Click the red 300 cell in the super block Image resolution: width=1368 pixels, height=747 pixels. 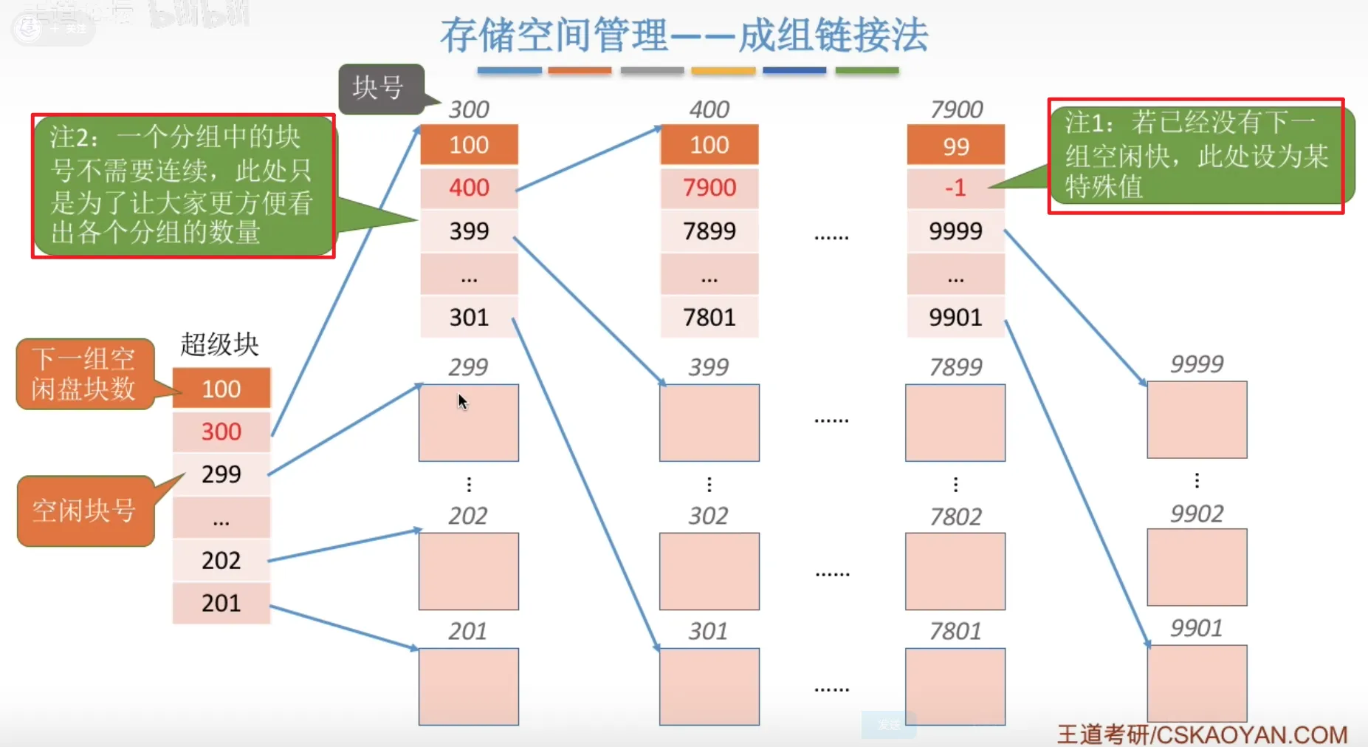(x=221, y=432)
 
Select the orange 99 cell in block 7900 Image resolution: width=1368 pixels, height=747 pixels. (x=955, y=146)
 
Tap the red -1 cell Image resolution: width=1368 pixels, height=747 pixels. (x=955, y=188)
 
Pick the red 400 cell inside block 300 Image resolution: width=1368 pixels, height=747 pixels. (x=469, y=188)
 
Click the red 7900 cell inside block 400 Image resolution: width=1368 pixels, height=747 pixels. (x=709, y=188)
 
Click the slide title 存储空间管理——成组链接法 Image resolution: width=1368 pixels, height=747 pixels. (x=684, y=35)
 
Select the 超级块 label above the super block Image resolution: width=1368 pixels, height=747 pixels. (x=219, y=344)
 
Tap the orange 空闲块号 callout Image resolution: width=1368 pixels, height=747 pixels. (x=85, y=511)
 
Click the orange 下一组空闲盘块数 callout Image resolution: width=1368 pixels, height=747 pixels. (x=84, y=374)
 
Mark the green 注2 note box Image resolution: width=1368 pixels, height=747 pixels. (x=182, y=185)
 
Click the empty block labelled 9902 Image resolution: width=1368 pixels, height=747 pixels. (x=1197, y=567)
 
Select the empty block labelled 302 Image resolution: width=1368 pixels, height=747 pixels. (x=709, y=571)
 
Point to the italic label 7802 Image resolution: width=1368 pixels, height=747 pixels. (x=955, y=516)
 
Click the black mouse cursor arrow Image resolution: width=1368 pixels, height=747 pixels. (x=462, y=401)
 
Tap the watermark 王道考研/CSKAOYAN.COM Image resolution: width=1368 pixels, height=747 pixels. (x=1202, y=734)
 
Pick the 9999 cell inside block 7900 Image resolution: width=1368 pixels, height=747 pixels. (x=955, y=231)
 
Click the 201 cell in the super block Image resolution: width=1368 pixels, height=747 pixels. (x=221, y=603)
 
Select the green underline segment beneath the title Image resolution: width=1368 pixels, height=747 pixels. (x=867, y=71)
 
